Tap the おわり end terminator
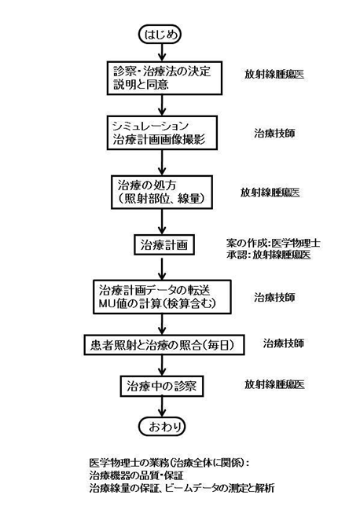click(162, 426)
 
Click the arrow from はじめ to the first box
click(162, 53)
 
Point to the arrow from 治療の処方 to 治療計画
click(162, 222)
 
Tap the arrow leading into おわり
click(162, 407)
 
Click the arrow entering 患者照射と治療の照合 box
click(162, 325)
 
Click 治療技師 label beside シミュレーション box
click(274, 134)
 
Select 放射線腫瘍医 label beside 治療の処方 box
click(270, 193)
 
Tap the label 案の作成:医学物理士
click(274, 244)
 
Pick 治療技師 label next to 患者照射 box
click(284, 343)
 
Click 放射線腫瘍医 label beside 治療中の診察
click(274, 384)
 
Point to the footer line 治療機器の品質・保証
click(136, 475)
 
